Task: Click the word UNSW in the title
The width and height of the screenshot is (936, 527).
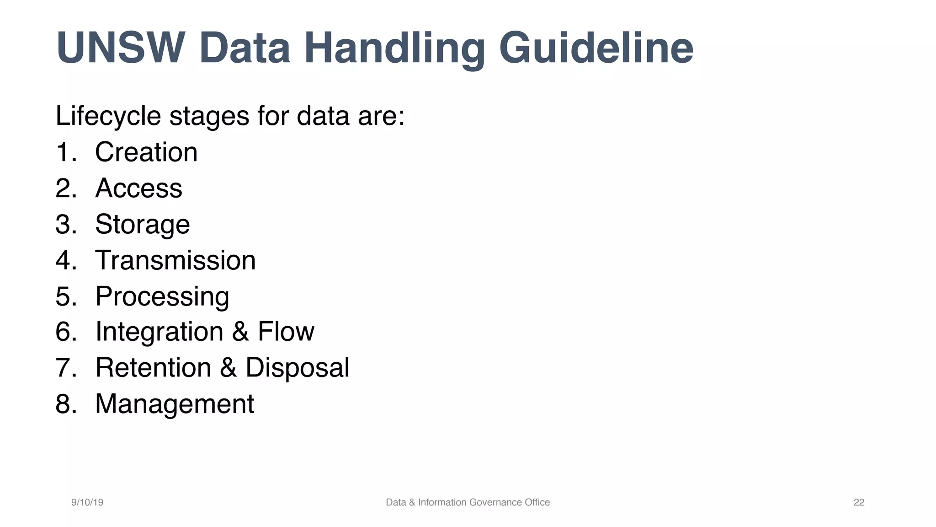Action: point(120,48)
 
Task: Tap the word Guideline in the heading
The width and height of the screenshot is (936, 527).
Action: point(596,48)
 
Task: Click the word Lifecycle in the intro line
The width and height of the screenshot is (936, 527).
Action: point(108,116)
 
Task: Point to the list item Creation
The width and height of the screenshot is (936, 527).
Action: point(146,152)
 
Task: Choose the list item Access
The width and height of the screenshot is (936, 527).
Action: point(138,188)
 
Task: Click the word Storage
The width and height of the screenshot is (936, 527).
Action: point(142,224)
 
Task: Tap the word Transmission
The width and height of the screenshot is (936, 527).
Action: point(175,260)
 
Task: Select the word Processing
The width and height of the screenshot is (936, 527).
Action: point(162,296)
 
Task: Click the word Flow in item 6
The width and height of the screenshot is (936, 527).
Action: point(286,332)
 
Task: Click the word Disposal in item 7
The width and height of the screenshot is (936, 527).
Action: point(297,368)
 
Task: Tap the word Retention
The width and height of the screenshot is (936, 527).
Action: point(153,368)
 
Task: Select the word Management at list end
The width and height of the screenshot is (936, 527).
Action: point(174,404)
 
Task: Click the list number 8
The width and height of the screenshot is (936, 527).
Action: point(65,404)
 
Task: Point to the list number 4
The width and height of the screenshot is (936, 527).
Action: point(65,260)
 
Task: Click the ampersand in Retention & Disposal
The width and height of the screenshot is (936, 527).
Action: point(228,368)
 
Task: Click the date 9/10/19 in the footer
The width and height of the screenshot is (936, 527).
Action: point(87,502)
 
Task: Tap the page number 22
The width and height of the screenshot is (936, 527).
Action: point(859,502)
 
